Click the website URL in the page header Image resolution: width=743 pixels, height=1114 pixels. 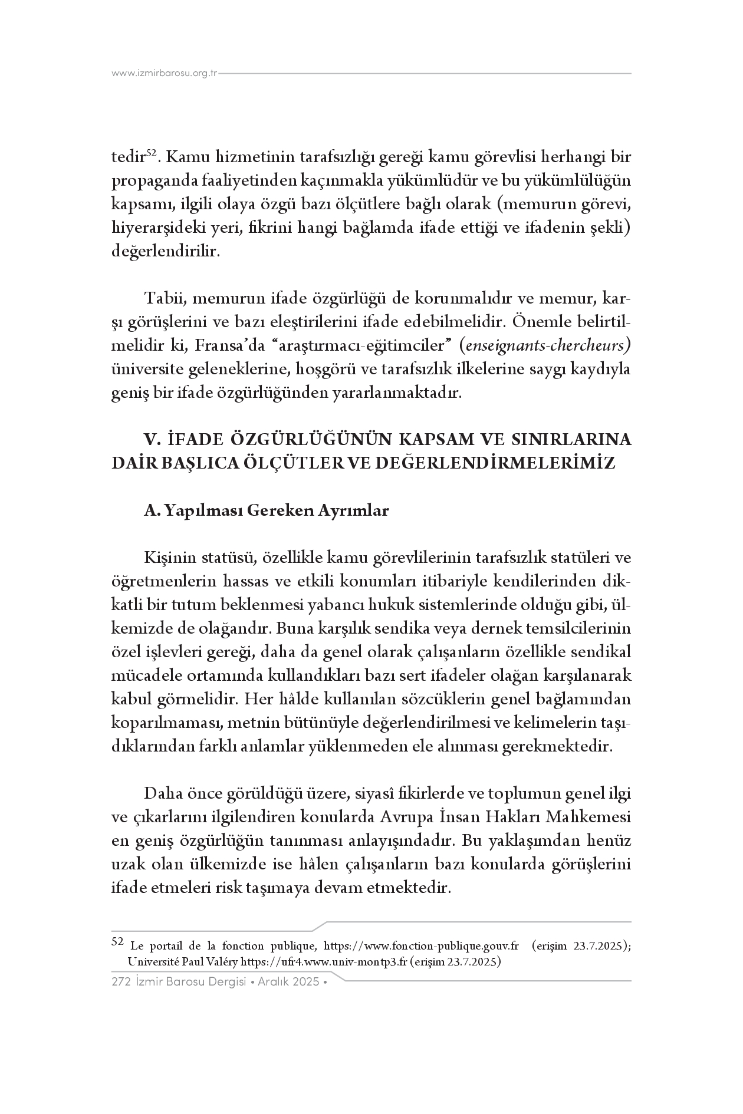(165, 74)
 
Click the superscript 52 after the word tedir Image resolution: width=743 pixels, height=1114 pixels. (150, 153)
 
